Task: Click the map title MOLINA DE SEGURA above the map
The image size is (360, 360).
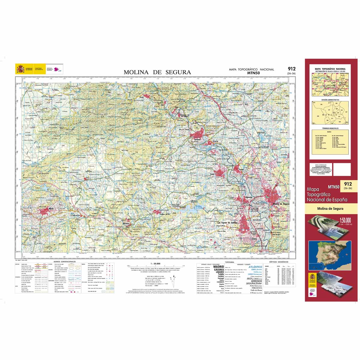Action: [157, 72]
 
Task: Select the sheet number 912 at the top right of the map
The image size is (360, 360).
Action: [291, 69]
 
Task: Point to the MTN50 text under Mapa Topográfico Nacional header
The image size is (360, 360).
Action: [251, 73]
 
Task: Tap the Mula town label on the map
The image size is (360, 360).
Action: [51, 208]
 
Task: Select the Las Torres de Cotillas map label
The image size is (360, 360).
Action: [229, 223]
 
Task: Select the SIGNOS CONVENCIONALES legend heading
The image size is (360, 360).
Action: [64, 262]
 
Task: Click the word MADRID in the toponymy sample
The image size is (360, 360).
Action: [218, 266]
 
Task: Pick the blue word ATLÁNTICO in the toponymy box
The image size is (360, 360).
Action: [255, 267]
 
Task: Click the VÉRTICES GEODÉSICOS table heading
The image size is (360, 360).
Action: [279, 262]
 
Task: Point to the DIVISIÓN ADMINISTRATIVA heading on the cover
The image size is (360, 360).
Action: [330, 100]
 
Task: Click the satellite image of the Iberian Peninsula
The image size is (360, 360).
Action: [330, 254]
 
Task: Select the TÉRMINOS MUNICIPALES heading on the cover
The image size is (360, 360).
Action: [330, 128]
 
